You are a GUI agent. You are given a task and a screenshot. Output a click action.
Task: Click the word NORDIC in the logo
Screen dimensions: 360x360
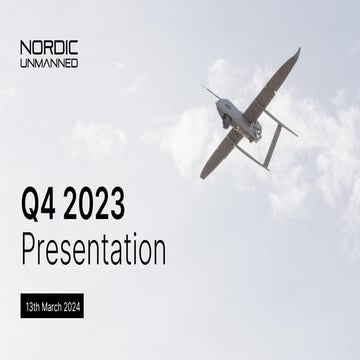(x=49, y=48)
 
